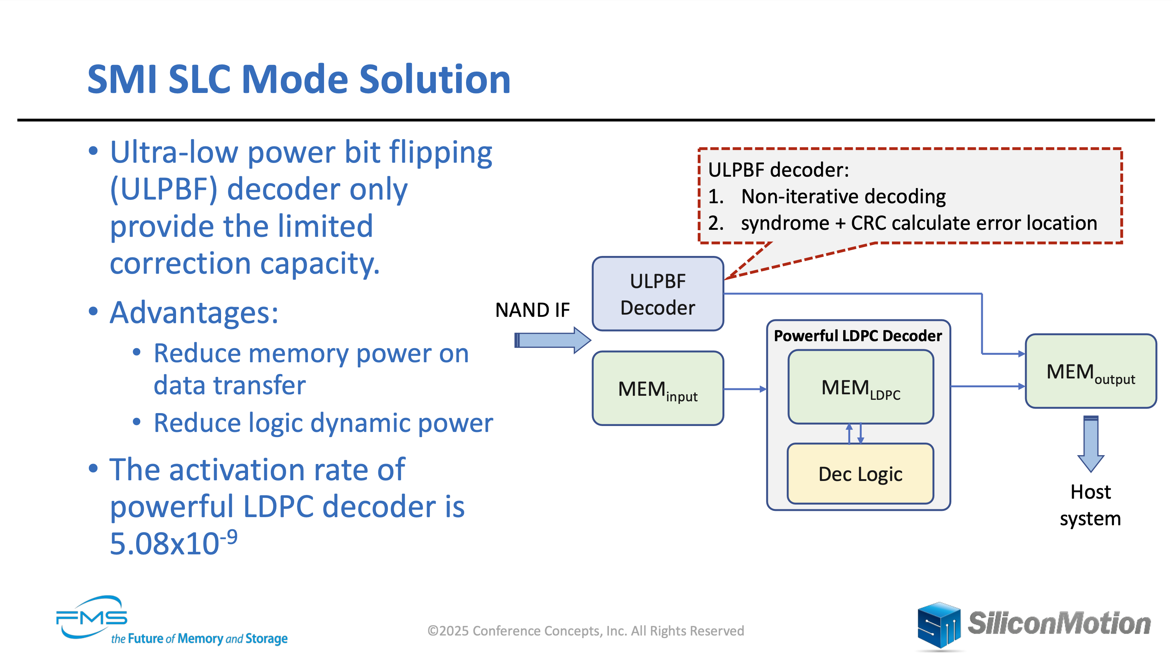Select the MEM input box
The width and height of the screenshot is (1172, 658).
tap(658, 389)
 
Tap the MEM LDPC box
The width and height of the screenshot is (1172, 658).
tap(860, 387)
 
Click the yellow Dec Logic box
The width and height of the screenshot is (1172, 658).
tap(860, 474)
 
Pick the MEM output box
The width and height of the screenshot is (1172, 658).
tap(1090, 371)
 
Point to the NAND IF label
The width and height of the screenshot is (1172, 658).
tap(532, 310)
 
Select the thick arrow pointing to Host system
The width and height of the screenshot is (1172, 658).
tap(1090, 443)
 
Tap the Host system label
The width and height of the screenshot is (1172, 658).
tap(1090, 505)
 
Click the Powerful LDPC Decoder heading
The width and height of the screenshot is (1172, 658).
tap(858, 336)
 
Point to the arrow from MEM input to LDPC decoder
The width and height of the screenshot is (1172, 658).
tap(745, 389)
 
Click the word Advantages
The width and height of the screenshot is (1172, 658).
tap(194, 313)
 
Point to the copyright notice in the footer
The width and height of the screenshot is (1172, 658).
tap(586, 631)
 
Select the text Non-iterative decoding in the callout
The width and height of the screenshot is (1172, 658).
tap(843, 197)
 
